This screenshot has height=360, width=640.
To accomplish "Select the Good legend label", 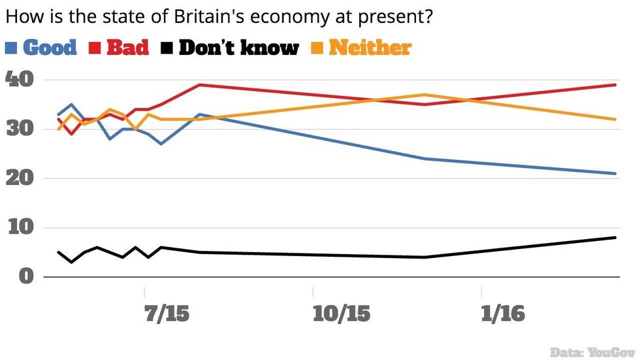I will pyautogui.click(x=50, y=48).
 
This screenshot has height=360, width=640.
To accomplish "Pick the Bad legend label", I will pyautogui.click(x=127, y=48).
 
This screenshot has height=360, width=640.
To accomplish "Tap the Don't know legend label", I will pyautogui.click(x=238, y=48).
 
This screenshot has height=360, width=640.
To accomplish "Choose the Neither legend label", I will pyautogui.click(x=370, y=48).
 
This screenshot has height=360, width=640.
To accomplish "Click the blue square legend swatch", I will pyautogui.click(x=12, y=48).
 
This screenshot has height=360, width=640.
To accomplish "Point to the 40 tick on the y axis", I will pyautogui.click(x=20, y=79).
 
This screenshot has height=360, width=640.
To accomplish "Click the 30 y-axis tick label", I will pyautogui.click(x=20, y=129).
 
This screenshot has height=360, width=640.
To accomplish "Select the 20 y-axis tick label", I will pyautogui.click(x=20, y=178).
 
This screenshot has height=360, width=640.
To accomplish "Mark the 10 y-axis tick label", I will pyautogui.click(x=20, y=228).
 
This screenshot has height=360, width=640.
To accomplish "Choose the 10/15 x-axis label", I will pyautogui.click(x=342, y=314).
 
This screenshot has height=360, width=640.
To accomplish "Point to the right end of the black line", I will pyautogui.click(x=616, y=237).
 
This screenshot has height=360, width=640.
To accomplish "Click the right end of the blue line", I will pyautogui.click(x=616, y=173).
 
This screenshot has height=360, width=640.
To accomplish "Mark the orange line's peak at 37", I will pyautogui.click(x=425, y=95).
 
